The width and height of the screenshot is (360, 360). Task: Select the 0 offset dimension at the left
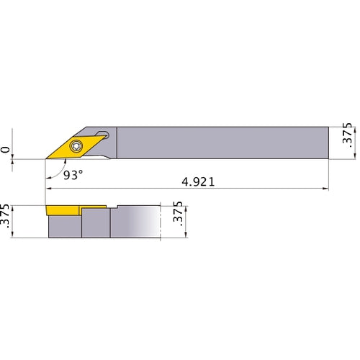point(6,150)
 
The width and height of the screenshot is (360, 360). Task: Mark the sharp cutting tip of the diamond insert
point(47,158)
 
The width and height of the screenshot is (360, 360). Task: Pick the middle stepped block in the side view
point(95,223)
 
